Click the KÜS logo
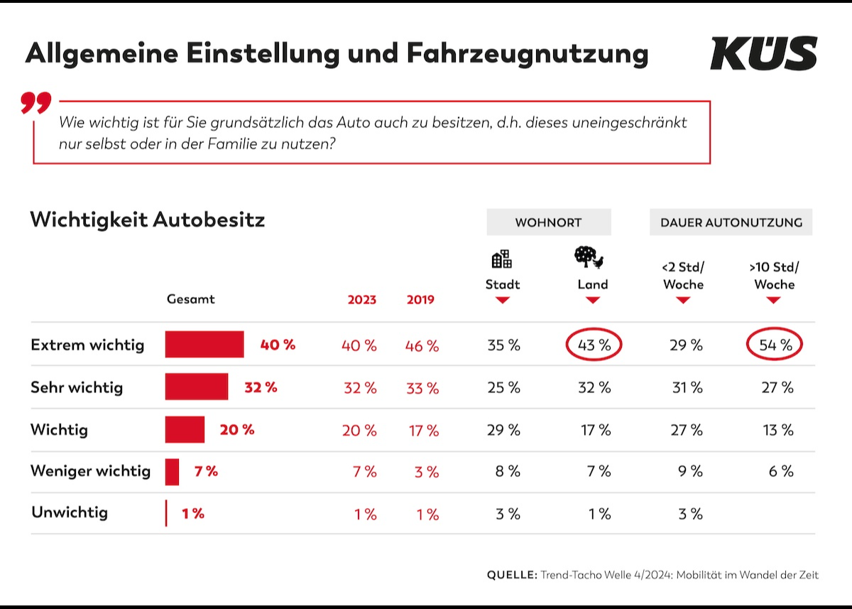tap(763, 53)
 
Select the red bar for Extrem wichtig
tap(204, 345)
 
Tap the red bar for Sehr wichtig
tap(197, 387)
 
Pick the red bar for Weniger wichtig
tap(173, 471)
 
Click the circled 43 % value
tap(594, 345)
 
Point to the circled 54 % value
tap(775, 345)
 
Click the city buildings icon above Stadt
tap(502, 259)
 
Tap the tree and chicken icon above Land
tap(589, 257)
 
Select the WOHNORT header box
tap(548, 222)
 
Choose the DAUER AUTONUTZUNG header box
tap(731, 222)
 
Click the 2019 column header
tap(420, 300)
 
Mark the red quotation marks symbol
tap(36, 104)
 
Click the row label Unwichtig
tap(70, 512)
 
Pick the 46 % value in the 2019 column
tap(422, 346)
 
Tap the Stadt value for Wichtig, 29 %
tap(503, 430)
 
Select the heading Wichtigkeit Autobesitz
tap(147, 220)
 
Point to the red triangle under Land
tap(593, 301)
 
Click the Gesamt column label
tap(190, 299)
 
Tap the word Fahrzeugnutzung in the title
tap(528, 54)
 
